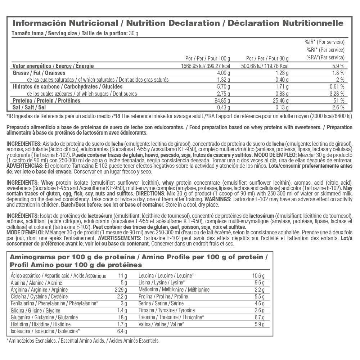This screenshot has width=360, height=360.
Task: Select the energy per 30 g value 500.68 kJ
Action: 258,66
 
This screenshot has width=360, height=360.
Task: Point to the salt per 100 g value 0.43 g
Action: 222,107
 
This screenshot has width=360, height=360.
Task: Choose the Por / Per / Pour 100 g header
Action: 207,58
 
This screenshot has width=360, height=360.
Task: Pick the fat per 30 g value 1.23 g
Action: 282,73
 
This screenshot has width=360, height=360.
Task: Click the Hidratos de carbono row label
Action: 67,86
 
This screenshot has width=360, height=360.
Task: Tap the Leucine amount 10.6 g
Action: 258,276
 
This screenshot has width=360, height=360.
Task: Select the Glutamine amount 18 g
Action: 122,317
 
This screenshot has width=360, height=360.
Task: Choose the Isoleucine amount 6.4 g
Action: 121,331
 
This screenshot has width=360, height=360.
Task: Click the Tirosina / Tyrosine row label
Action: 167,310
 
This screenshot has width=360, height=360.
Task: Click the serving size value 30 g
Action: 134,33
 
